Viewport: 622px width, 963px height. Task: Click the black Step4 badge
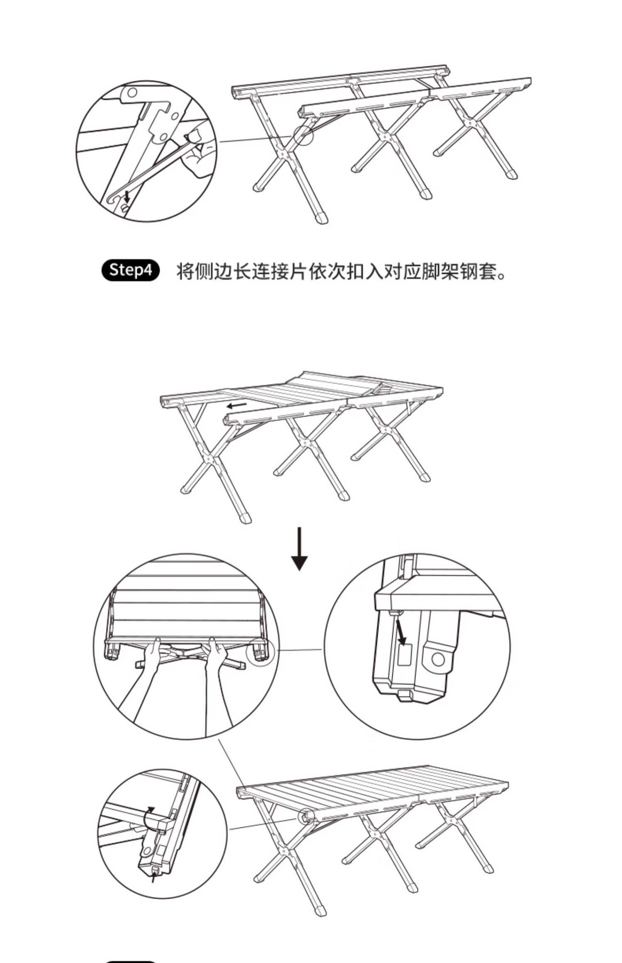(x=130, y=270)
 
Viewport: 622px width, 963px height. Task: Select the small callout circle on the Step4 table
(x=302, y=134)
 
